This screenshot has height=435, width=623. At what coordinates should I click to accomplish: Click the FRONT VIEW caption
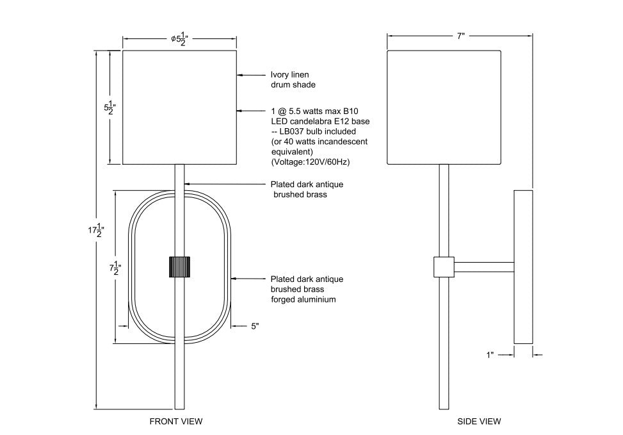pyautogui.click(x=176, y=421)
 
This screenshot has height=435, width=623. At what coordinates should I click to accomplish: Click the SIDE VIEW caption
pyautogui.click(x=479, y=421)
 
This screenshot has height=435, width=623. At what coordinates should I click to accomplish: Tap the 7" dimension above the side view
pyautogui.click(x=460, y=36)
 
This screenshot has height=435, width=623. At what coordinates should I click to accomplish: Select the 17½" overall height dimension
pyautogui.click(x=96, y=230)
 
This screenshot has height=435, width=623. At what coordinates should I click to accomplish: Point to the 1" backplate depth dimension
pyautogui.click(x=490, y=355)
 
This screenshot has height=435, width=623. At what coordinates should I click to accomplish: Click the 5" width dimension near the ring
pyautogui.click(x=255, y=326)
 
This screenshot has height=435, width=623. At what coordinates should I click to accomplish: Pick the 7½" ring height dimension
pyautogui.click(x=115, y=268)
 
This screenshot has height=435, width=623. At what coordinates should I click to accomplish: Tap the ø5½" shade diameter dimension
pyautogui.click(x=179, y=39)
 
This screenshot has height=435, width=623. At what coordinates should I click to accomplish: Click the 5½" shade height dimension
pyautogui.click(x=109, y=108)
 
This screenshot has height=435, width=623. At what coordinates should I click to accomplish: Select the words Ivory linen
pyautogui.click(x=289, y=75)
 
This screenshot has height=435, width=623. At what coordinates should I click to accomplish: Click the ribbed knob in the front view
pyautogui.click(x=179, y=267)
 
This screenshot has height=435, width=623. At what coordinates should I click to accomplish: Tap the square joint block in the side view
pyautogui.click(x=444, y=267)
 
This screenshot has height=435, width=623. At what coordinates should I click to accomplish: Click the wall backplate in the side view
pyautogui.click(x=523, y=267)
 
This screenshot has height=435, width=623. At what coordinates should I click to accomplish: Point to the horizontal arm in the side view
pyautogui.click(x=484, y=267)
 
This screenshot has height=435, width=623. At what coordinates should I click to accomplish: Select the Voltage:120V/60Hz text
pyautogui.click(x=311, y=162)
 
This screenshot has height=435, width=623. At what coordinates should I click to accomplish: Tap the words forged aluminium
pyautogui.click(x=303, y=299)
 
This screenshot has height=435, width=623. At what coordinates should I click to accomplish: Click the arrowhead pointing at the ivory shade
pyautogui.click(x=239, y=75)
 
